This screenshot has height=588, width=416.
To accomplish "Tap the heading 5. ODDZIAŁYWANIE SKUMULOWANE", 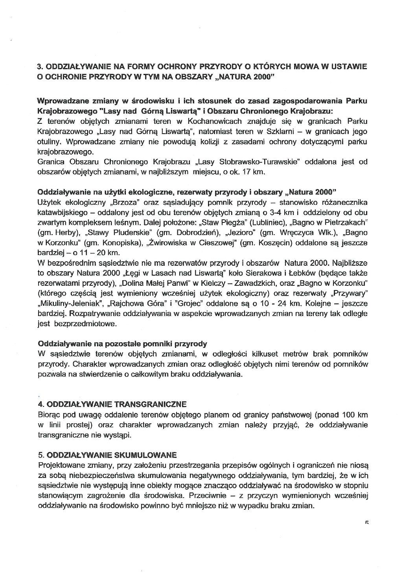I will click(x=107, y=455).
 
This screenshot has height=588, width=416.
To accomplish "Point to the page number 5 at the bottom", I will click(x=366, y=523).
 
